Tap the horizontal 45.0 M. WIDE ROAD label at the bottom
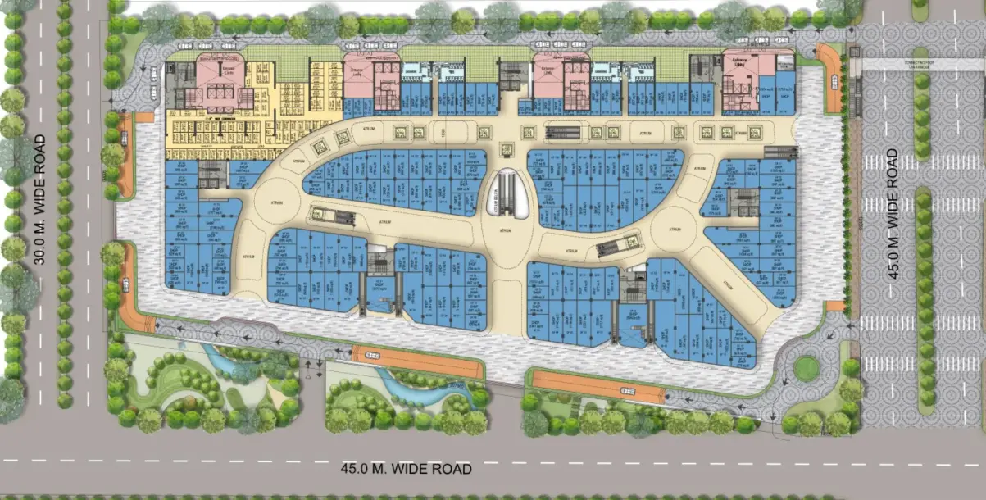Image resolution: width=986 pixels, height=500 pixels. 407,469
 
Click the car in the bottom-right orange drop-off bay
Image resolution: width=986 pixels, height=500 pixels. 627,391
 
